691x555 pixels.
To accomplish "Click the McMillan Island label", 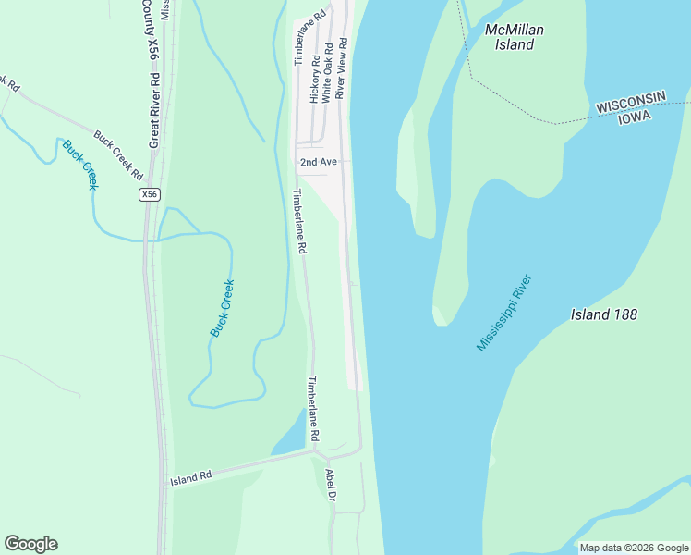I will click(x=515, y=37).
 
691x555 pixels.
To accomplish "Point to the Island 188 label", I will click(x=604, y=314).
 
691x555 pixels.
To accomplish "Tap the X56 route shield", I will click(x=151, y=194).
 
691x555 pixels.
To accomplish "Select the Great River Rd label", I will click(x=153, y=101).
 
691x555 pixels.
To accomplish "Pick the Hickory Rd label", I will click(x=315, y=78).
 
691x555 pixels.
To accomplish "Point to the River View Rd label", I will click(x=341, y=68).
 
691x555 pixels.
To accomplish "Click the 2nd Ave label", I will click(x=318, y=162).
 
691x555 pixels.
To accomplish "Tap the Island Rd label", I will click(x=191, y=477).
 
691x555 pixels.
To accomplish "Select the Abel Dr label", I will click(x=331, y=485).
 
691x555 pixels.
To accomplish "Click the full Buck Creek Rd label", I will click(x=118, y=154).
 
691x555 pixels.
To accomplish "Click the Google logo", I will click(x=30, y=544).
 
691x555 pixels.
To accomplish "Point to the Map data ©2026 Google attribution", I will click(x=634, y=548).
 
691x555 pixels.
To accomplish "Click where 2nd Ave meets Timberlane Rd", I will click(x=296, y=163).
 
